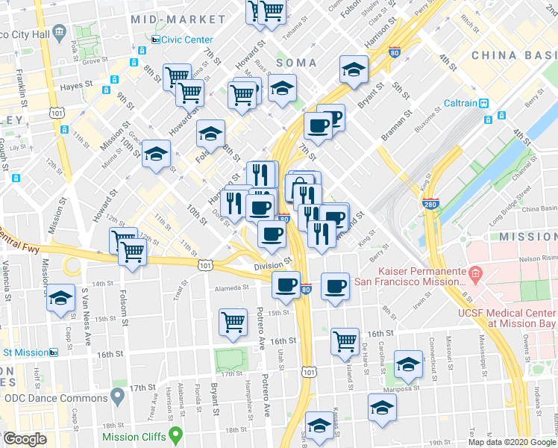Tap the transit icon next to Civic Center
point(155,40)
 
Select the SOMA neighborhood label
point(296,63)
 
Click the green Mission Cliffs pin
point(176,433)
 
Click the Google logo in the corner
point(25,439)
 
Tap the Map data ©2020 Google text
point(512,442)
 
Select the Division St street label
point(272,265)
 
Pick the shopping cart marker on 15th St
point(233,322)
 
